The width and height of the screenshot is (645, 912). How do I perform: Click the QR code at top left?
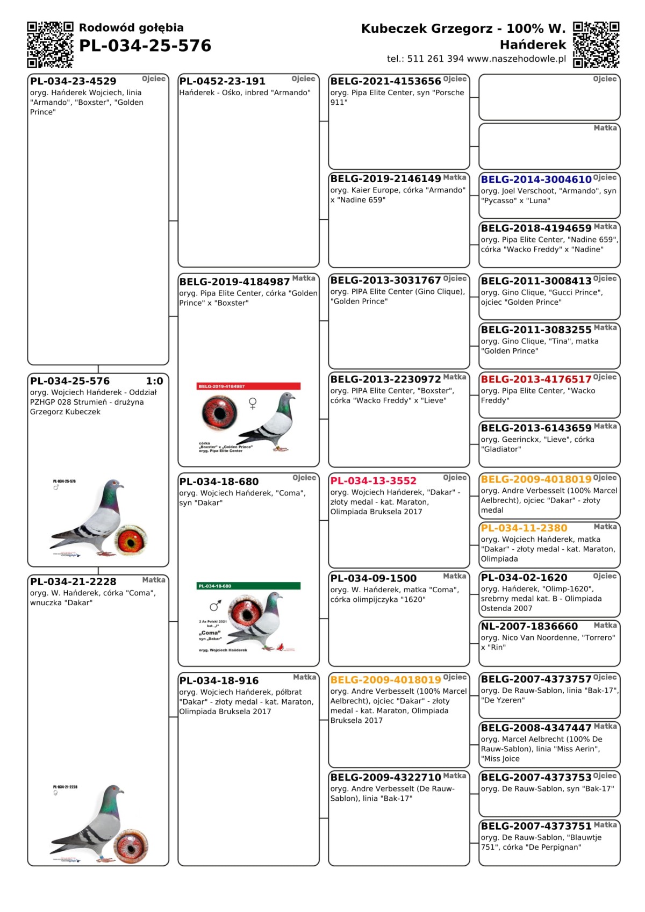point(50,45)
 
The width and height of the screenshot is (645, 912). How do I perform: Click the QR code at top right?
point(596,45)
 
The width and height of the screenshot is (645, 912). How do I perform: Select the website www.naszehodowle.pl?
point(517,59)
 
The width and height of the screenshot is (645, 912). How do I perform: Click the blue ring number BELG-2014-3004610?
point(536,179)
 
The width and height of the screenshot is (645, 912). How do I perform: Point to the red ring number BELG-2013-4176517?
point(536,379)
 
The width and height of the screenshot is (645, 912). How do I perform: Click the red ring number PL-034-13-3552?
point(373,481)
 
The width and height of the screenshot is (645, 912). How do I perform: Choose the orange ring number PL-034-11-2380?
point(524,528)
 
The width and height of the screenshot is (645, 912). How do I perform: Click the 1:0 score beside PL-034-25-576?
point(154,381)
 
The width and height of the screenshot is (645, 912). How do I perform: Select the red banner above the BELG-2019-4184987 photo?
point(248,386)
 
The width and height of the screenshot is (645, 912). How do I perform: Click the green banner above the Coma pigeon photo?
point(248,586)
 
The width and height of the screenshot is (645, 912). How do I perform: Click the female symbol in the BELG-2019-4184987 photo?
point(253,403)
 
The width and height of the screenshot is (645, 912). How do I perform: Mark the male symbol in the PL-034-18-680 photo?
point(215,606)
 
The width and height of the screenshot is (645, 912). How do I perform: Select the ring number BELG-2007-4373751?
point(536,826)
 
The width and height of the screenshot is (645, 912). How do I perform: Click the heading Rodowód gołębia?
point(131,28)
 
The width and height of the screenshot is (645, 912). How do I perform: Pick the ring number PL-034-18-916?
point(219,681)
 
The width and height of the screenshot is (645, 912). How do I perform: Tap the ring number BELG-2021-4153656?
point(385,81)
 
